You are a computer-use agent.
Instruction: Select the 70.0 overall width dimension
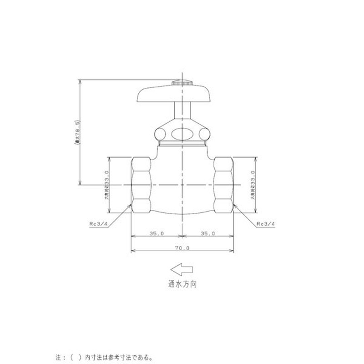182,248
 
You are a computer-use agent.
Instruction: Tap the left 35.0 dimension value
156,233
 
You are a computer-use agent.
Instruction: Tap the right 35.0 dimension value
207,233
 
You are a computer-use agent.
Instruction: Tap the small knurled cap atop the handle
182,83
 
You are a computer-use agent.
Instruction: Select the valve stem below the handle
182,111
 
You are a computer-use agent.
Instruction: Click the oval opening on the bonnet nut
182,133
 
